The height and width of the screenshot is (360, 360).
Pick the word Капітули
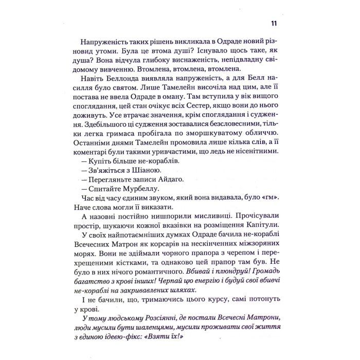coord(258,224)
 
